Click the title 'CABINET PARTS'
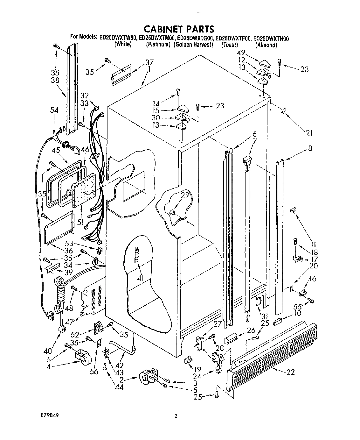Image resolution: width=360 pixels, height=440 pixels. click(179, 29)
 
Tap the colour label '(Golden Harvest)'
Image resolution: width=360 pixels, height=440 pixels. click(193, 45)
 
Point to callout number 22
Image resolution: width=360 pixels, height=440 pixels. click(290, 372)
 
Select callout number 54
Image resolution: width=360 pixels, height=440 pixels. click(54, 110)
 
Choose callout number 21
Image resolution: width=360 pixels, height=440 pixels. click(308, 132)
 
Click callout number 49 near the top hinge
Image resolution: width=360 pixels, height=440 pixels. click(242, 53)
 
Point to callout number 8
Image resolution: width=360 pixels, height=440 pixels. click(310, 148)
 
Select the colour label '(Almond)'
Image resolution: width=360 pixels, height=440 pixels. click(266, 45)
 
